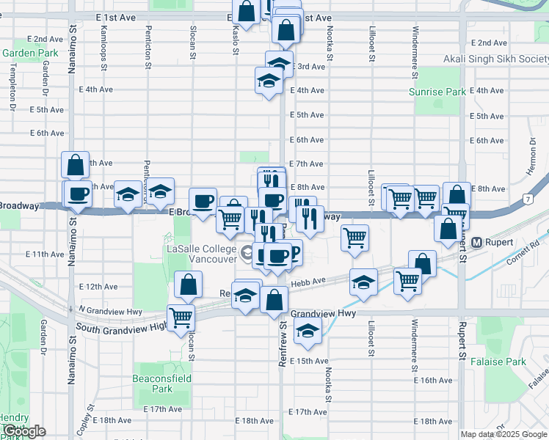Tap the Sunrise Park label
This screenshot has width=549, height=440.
(x=437, y=92)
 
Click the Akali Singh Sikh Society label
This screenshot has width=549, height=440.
(x=495, y=59)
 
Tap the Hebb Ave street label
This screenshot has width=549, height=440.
(x=309, y=281)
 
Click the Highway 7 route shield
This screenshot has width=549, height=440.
(x=528, y=199)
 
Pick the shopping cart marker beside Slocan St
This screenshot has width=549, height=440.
(x=181, y=318)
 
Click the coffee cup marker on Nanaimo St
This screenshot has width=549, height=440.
(x=77, y=194)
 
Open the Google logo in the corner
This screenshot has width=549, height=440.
(x=23, y=431)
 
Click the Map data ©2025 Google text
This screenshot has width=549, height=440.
(x=503, y=434)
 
